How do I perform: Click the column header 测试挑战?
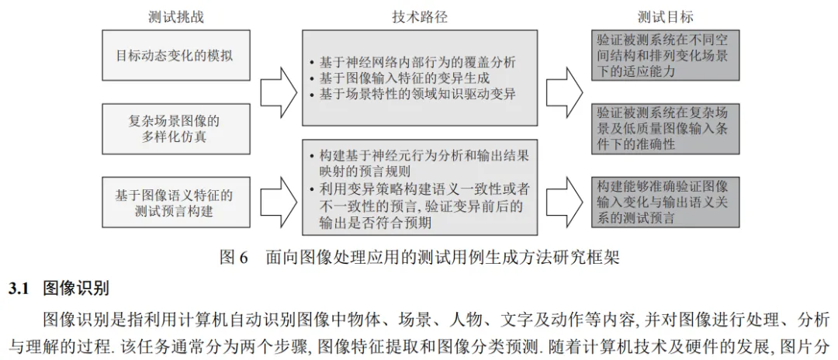[x=176, y=17]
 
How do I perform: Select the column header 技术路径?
[x=420, y=17]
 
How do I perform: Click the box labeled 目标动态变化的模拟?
[x=174, y=56]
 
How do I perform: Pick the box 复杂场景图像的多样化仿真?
[x=174, y=129]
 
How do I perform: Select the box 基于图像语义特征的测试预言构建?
[x=174, y=202]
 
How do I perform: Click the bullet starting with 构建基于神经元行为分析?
[x=419, y=163]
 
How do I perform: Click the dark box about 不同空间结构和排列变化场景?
[x=663, y=54]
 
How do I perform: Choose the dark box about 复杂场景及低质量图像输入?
[x=663, y=128]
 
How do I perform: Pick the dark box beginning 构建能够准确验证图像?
[x=663, y=202]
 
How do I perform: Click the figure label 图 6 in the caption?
[x=232, y=257]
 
